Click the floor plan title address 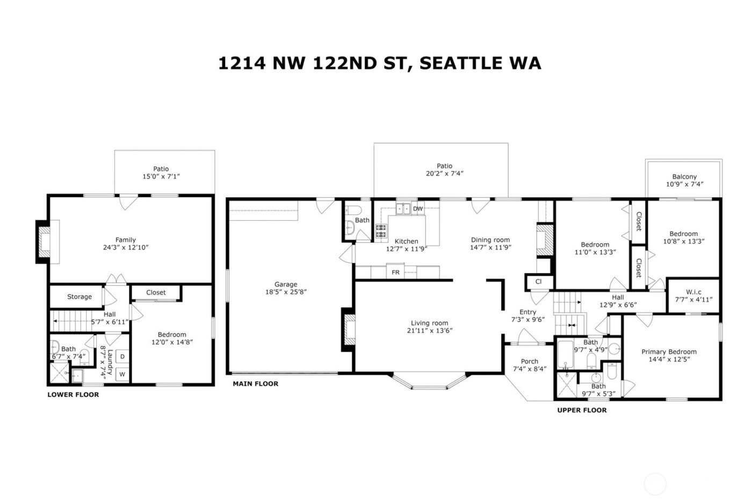tap(379, 63)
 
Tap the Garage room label tap(285, 285)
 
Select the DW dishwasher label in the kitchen tap(418, 209)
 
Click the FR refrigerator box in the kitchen tap(395, 272)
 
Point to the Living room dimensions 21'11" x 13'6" tap(429, 331)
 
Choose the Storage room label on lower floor tap(79, 296)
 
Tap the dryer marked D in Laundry tap(122, 357)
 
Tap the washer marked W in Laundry tap(122, 374)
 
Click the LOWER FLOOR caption tap(73, 395)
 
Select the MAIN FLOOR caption tap(255, 384)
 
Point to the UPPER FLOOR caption tap(582, 410)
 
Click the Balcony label tap(684, 177)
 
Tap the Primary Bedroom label tap(669, 352)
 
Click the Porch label tap(529, 361)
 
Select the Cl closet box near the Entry tap(538, 281)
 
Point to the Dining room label tap(490, 240)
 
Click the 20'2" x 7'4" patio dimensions tap(444, 173)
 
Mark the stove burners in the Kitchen tap(381, 231)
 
